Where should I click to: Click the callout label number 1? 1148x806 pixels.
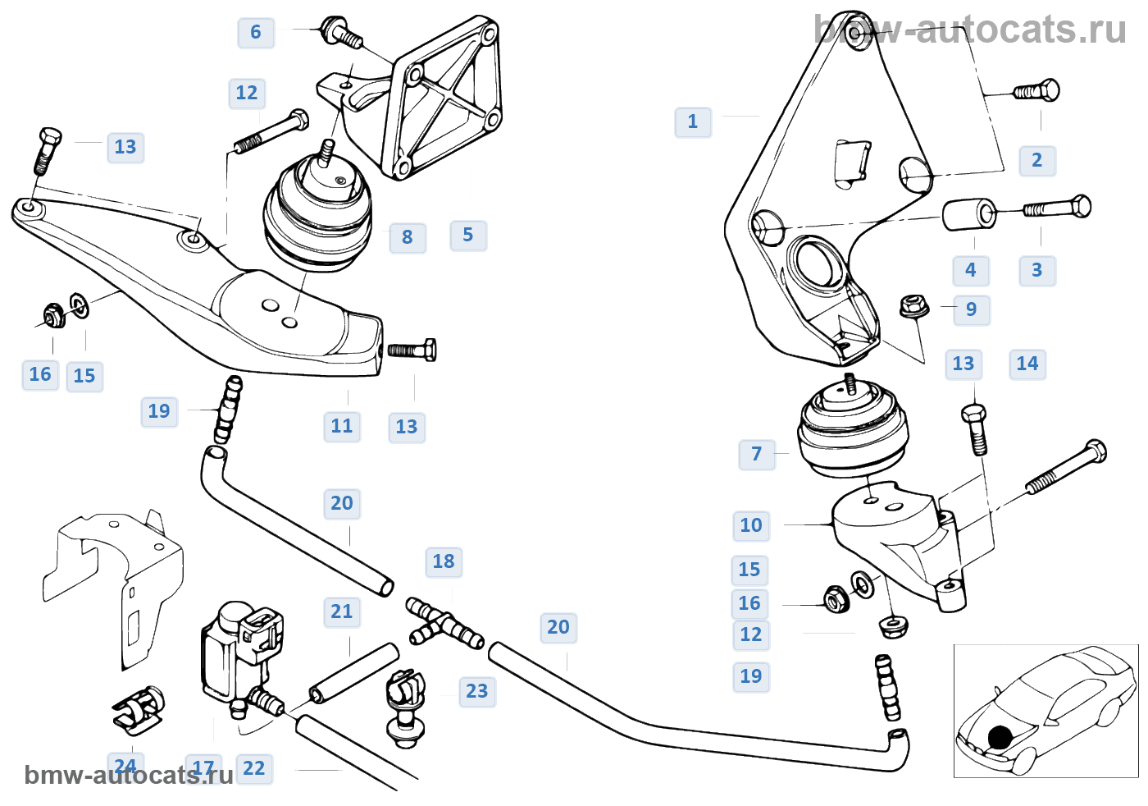pyautogui.click(x=693, y=122)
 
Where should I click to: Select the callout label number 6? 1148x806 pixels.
pyautogui.click(x=256, y=32)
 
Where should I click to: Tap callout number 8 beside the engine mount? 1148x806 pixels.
pyautogui.click(x=408, y=237)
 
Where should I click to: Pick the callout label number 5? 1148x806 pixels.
pyautogui.click(x=468, y=235)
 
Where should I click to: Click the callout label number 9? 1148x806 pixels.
pyautogui.click(x=972, y=309)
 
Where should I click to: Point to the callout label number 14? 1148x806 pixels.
pyautogui.click(x=1027, y=364)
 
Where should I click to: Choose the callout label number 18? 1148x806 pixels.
pyautogui.click(x=444, y=561)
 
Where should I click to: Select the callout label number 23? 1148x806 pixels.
pyautogui.click(x=477, y=691)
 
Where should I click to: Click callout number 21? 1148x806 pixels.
pyautogui.click(x=342, y=611)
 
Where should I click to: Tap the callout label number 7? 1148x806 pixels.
pyautogui.click(x=757, y=454)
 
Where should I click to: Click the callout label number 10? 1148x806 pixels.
pyautogui.click(x=751, y=525)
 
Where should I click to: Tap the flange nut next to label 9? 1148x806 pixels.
pyautogui.click(x=914, y=307)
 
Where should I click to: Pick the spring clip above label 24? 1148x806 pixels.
pyautogui.click(x=139, y=708)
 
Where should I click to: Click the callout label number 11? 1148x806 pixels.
pyautogui.click(x=342, y=426)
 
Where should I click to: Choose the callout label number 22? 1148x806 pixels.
pyautogui.click(x=254, y=768)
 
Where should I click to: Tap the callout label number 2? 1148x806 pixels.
pyautogui.click(x=1037, y=161)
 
